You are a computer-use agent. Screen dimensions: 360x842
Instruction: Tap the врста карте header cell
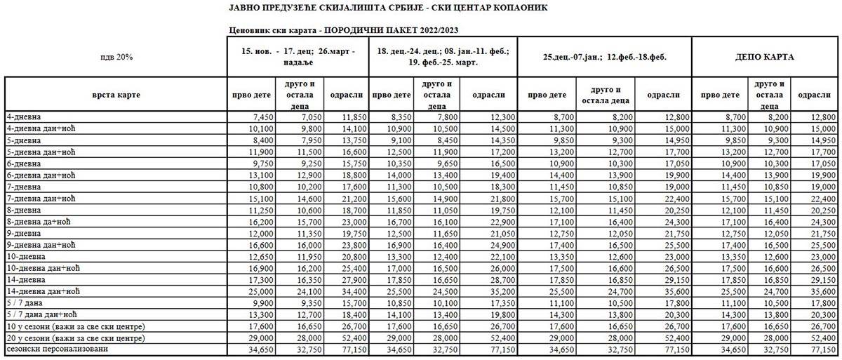116,94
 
